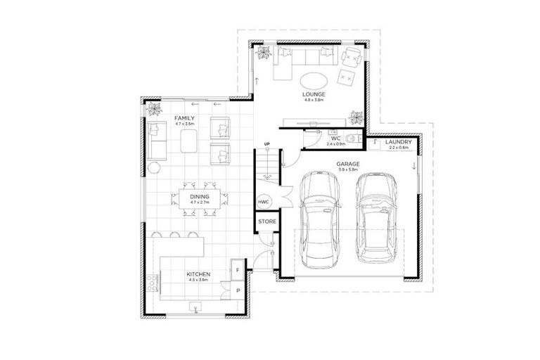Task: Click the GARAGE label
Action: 347,164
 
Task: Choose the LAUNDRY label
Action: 397,143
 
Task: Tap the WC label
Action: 336,139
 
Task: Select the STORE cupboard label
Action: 266,221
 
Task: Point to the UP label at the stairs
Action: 266,145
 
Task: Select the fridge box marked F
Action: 238,270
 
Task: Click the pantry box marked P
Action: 238,290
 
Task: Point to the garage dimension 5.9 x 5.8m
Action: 347,169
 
